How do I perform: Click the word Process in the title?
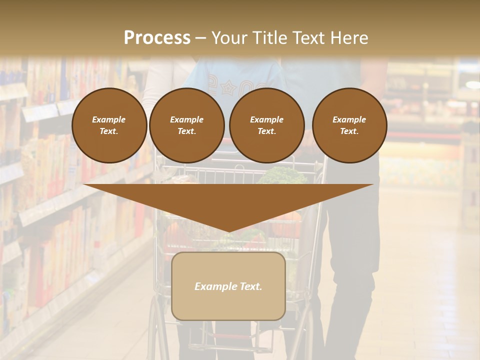[157, 38]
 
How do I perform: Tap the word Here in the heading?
[348, 38]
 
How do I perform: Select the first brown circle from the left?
[109, 125]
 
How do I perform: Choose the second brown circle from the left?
[186, 125]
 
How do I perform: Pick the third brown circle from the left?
[266, 125]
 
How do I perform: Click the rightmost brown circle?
[349, 125]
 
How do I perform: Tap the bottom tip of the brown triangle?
[228, 230]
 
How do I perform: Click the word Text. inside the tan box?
[250, 286]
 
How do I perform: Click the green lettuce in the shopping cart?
[283, 175]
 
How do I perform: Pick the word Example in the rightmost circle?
[349, 119]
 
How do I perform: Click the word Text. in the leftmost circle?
[109, 131]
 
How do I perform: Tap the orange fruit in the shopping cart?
[293, 216]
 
